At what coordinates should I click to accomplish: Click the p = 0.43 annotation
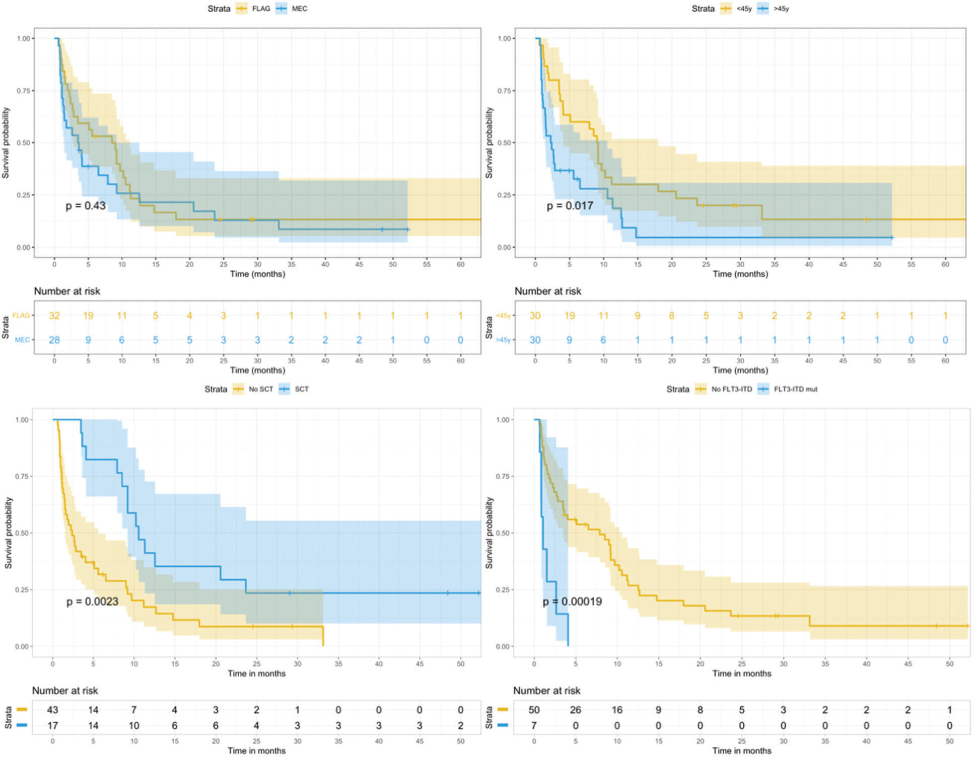pyautogui.click(x=85, y=205)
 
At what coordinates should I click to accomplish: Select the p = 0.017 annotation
pyautogui.click(x=570, y=205)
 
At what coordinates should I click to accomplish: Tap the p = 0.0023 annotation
pyautogui.click(x=92, y=601)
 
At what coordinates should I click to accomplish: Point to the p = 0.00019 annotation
pyautogui.click(x=572, y=601)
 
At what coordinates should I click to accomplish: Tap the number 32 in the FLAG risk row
pyautogui.click(x=54, y=316)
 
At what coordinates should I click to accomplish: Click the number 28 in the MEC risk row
pyautogui.click(x=54, y=340)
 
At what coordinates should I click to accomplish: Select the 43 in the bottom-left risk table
pyautogui.click(x=52, y=710)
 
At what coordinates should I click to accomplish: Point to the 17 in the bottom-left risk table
pyautogui.click(x=52, y=725)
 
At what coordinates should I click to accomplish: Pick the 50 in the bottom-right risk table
pyautogui.click(x=534, y=710)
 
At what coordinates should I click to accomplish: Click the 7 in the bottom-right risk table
pyautogui.click(x=534, y=725)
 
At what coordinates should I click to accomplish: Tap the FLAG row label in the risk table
pyautogui.click(x=21, y=316)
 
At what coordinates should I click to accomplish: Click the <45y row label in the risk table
pyautogui.click(x=503, y=316)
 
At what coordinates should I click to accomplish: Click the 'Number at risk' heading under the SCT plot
pyautogui.click(x=65, y=691)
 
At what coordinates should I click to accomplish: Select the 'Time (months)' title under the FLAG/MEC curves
pyautogui.click(x=257, y=274)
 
